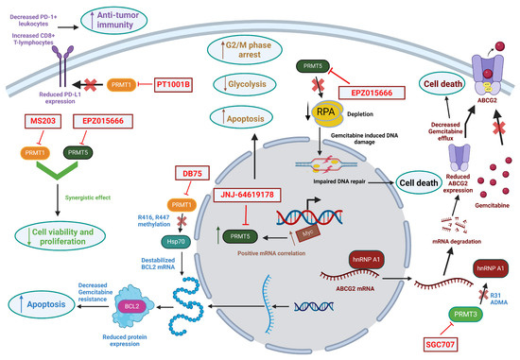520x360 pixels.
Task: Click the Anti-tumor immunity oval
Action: pyautogui.click(x=141, y=19)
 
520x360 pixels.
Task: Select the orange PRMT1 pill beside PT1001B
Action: pyautogui.click(x=120, y=85)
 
